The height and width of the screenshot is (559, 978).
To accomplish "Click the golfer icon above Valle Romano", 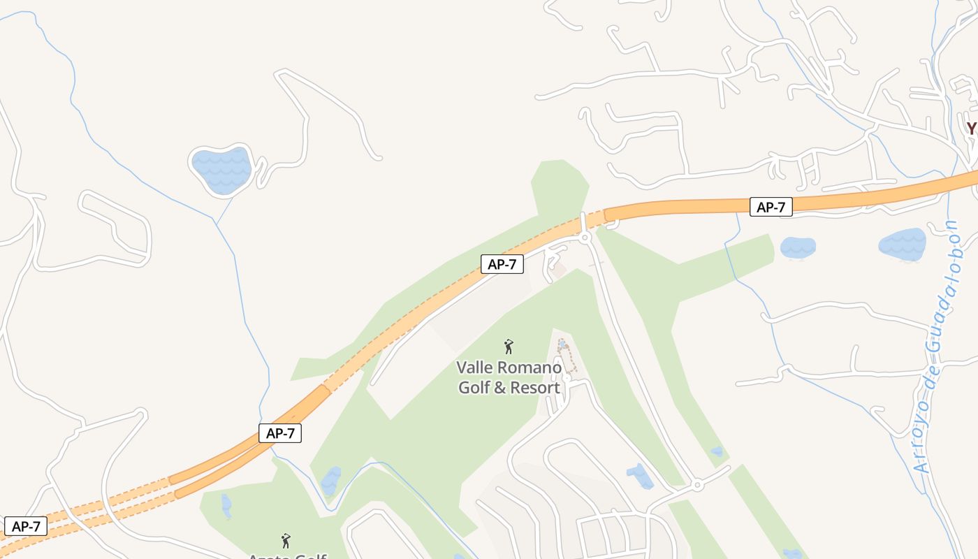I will pyautogui.click(x=509, y=346).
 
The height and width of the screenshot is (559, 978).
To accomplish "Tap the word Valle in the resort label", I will pyautogui.click(x=474, y=368).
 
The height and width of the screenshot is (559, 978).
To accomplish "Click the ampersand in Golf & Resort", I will pyautogui.click(x=499, y=388).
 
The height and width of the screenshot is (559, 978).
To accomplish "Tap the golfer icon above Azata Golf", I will pyautogui.click(x=285, y=540).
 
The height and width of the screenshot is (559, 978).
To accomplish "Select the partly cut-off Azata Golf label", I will pyautogui.click(x=288, y=556).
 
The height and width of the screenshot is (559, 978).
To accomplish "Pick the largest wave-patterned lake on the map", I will pyautogui.click(x=221, y=170).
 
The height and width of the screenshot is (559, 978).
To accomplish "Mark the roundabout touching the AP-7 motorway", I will pyautogui.click(x=586, y=238).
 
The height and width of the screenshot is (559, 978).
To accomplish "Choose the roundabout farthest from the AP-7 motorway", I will pyautogui.click(x=696, y=484).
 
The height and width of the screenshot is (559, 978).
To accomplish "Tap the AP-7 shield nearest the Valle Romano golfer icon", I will pyautogui.click(x=502, y=264).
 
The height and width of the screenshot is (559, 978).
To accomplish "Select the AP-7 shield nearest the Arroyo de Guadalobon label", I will pyautogui.click(x=771, y=207).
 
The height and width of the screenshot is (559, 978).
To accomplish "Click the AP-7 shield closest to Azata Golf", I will pyautogui.click(x=280, y=433).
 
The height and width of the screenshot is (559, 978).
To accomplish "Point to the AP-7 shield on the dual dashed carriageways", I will pyautogui.click(x=26, y=526).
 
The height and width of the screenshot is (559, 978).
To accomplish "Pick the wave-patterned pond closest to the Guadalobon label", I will pyautogui.click(x=903, y=245).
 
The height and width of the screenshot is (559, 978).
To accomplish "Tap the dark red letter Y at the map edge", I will pyautogui.click(x=971, y=129).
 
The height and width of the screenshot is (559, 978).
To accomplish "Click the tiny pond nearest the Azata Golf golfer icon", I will pyautogui.click(x=226, y=505).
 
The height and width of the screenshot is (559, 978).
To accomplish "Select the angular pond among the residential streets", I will pyautogui.click(x=640, y=477).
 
